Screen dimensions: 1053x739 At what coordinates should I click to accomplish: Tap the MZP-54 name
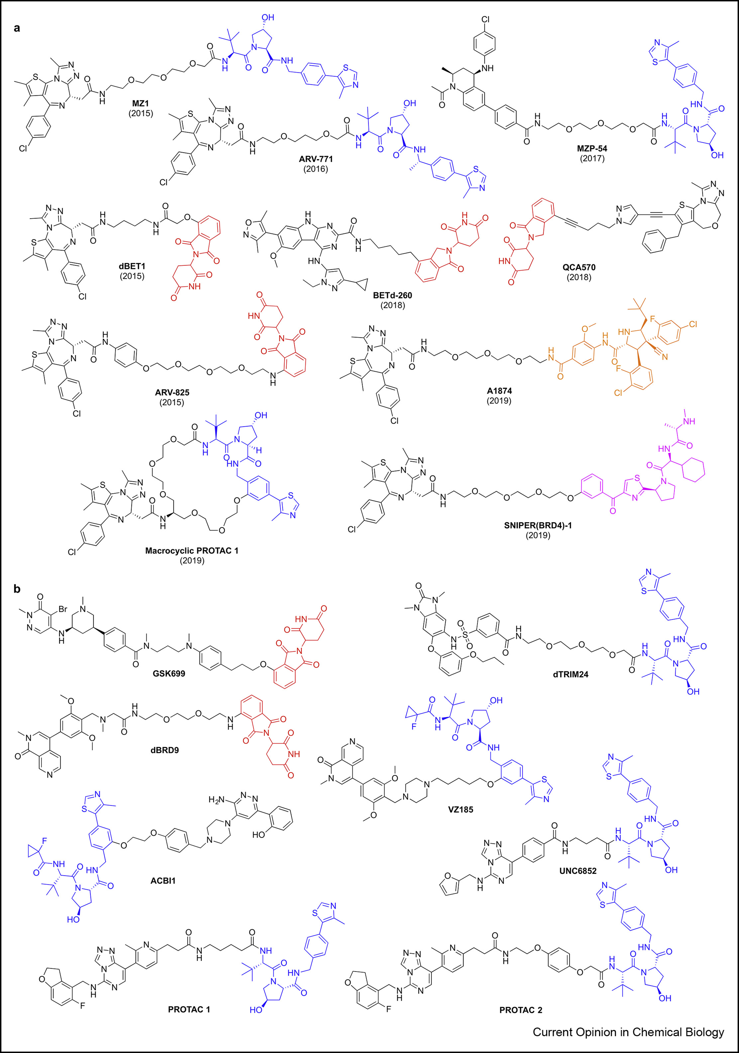click(592, 149)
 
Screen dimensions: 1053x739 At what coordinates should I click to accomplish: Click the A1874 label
click(499, 391)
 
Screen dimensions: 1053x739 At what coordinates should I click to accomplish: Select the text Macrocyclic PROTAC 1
click(192, 550)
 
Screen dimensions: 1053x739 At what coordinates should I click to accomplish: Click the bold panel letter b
click(17, 588)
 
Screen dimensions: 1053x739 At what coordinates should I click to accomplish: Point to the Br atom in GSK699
click(63, 609)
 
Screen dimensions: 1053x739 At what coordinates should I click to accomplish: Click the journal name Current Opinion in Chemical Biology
click(628, 1032)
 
